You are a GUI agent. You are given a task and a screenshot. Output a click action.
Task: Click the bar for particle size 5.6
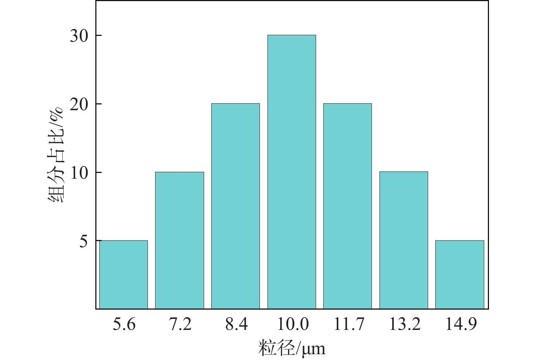point(124,274)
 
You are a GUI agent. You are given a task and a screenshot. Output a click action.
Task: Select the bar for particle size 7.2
point(179,240)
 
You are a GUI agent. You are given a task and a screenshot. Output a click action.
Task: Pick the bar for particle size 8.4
point(236,206)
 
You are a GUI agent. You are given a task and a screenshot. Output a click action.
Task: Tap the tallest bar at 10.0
point(292,172)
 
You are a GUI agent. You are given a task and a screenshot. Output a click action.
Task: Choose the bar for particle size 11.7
point(348,206)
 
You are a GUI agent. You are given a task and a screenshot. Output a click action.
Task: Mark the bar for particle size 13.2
point(404,240)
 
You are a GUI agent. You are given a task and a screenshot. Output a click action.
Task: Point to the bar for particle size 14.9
point(460,274)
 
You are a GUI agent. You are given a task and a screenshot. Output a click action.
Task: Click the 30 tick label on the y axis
point(79,36)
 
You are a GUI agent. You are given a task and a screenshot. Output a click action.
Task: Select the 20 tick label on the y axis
point(79,104)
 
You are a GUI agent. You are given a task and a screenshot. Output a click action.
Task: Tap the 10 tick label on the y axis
point(79,173)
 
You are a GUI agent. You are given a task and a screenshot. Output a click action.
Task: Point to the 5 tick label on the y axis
point(84,241)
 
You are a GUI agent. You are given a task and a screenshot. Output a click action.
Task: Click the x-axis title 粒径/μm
point(292,348)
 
